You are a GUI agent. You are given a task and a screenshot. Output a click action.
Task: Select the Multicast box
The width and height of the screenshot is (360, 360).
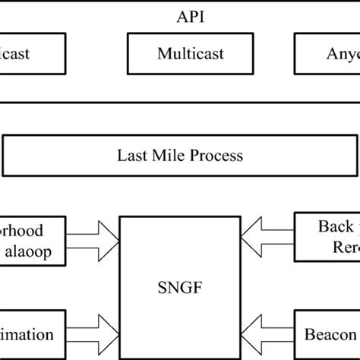point(180,54)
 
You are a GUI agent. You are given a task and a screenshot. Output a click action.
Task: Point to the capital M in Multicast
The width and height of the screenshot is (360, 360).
point(163,54)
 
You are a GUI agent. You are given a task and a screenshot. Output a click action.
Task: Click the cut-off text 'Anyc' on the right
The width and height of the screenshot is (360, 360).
point(337,54)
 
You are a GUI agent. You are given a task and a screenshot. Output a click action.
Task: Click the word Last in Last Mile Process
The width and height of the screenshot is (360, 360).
point(131,156)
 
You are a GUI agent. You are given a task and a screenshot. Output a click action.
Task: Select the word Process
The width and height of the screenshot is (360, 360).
point(214,156)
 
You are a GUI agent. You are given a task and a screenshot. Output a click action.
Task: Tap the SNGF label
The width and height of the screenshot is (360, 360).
point(180,288)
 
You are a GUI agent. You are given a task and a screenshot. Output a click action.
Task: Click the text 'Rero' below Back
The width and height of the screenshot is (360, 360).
point(339,248)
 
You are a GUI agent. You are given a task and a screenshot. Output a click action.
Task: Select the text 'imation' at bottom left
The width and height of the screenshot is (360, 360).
point(27,335)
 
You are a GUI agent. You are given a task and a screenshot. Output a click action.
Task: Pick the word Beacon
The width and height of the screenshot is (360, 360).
point(331,335)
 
